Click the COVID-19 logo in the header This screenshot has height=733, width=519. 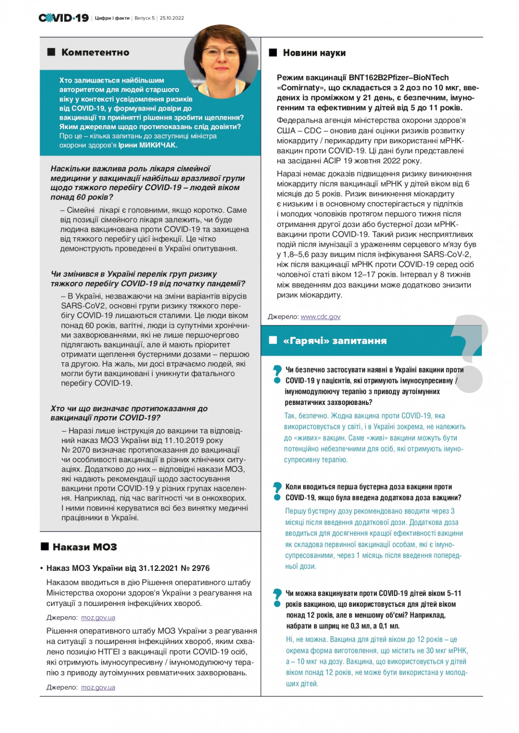pos(64,18)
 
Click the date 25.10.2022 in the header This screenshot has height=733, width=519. pos(172,18)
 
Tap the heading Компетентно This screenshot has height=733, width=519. pos(95,52)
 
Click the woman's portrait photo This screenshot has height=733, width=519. pos(221,60)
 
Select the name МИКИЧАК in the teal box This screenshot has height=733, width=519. pos(158,145)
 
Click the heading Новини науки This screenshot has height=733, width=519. pos(314,53)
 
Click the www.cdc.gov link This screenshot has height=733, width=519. pos(320,317)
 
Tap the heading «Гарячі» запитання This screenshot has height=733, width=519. pos(335,341)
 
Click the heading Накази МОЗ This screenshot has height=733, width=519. pos(85,547)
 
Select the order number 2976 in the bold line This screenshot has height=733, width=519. pos(200,568)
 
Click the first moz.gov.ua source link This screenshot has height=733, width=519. pos(98,618)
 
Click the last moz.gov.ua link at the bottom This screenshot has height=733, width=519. pos(98,687)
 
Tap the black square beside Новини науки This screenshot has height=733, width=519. pos(273,53)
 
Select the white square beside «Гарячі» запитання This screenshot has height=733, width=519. pos(273,340)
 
